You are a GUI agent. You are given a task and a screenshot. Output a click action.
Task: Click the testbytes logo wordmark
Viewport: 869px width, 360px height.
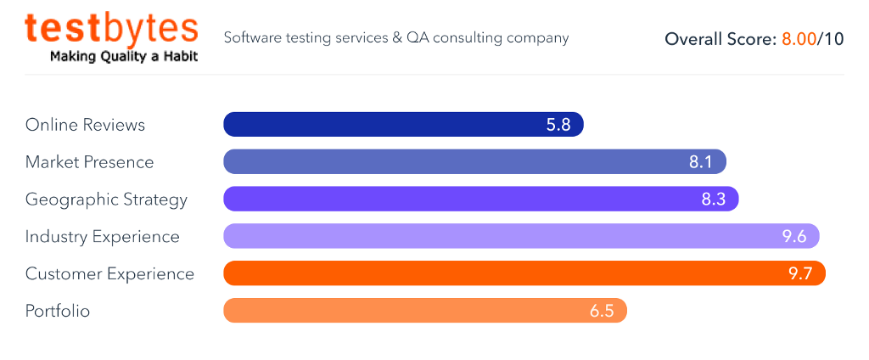click(111, 28)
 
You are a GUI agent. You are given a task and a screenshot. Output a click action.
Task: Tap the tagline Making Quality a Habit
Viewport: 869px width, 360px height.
click(124, 57)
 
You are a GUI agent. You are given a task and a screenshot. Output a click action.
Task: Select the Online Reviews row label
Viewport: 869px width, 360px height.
click(85, 125)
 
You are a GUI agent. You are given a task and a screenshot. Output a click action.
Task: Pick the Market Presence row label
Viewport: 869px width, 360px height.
click(89, 162)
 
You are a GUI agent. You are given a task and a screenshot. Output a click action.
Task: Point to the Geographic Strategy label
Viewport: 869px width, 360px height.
click(106, 200)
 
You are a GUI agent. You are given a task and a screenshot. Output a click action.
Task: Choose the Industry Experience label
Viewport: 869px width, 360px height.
click(103, 237)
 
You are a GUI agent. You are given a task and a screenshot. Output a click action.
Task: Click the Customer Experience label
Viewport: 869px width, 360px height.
click(109, 274)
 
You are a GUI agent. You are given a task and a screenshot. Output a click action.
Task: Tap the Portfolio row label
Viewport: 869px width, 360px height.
click(58, 312)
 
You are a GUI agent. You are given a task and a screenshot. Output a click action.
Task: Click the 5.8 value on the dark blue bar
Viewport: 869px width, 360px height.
click(558, 125)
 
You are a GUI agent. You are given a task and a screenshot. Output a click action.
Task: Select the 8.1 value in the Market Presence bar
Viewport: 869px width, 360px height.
click(701, 162)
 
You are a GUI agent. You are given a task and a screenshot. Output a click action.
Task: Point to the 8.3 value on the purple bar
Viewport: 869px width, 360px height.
click(714, 200)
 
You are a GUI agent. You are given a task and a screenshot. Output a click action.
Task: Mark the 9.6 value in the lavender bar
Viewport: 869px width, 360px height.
click(794, 237)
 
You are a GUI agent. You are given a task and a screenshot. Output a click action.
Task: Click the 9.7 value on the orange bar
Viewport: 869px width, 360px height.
click(800, 274)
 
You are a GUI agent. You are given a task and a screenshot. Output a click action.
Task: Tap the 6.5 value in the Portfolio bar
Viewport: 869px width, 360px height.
click(602, 312)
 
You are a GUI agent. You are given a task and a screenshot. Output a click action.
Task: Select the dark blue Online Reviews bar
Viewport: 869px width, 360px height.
click(382, 125)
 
